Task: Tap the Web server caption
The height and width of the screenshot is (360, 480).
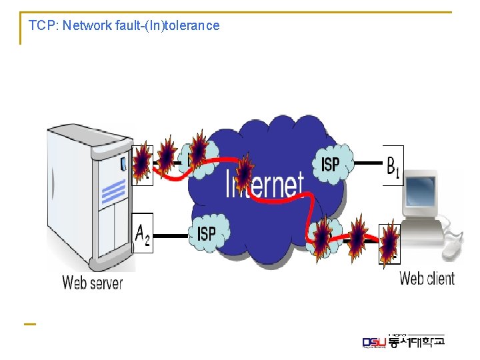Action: [x=93, y=282]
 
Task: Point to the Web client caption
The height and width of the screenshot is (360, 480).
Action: [x=427, y=278]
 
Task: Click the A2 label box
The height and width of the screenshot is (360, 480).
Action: [x=143, y=233]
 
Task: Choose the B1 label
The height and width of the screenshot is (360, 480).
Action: [x=393, y=164]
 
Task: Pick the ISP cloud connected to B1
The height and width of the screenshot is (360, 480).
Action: [x=331, y=163]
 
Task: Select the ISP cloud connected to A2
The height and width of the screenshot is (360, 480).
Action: [x=207, y=233]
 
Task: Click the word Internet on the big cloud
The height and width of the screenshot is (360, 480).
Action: [x=265, y=184]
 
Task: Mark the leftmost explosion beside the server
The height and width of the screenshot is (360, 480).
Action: [x=142, y=162]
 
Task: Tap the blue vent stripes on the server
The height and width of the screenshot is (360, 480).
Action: [x=113, y=193]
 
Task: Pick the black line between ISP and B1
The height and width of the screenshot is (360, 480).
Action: [x=367, y=163]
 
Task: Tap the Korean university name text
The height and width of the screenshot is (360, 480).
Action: [x=417, y=341]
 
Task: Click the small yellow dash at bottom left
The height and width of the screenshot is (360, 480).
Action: [x=29, y=324]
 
